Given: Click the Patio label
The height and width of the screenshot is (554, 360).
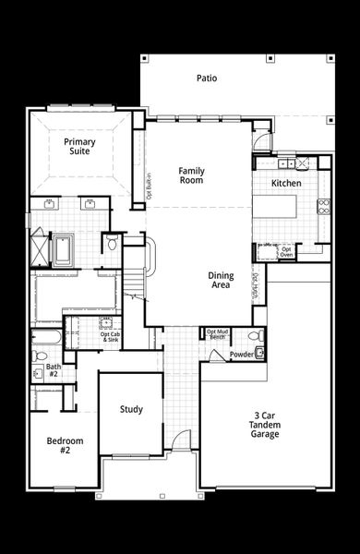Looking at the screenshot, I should point(207,78).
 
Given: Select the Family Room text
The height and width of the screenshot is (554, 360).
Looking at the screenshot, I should point(191,175).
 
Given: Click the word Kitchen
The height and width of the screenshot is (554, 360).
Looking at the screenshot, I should point(285,184).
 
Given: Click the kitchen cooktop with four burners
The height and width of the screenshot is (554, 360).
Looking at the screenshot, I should point(323,206).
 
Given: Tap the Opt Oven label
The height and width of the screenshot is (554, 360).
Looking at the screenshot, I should point(287,250).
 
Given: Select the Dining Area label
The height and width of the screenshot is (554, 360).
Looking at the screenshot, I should point(220,281).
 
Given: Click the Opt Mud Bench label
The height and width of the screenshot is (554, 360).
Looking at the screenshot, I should point(217,334).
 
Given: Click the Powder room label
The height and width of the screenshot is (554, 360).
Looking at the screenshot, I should point(242,354).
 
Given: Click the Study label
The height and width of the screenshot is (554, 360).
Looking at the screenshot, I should point(131,409).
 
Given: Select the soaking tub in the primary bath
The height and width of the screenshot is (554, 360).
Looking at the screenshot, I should point(64,249).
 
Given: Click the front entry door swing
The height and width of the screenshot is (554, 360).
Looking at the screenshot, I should point(182,440).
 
